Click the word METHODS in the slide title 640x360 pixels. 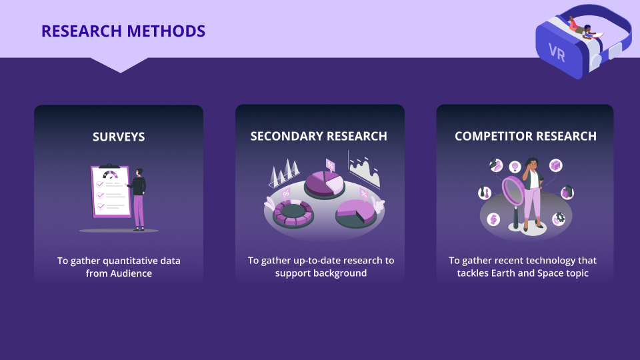tap(166, 31)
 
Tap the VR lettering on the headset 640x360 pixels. tap(557, 53)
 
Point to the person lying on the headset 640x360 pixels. tap(585, 28)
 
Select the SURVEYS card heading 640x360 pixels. tap(119, 137)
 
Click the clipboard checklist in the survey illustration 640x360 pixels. tap(110, 191)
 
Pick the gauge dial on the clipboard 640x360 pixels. tap(110, 175)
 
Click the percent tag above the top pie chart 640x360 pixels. tap(330, 165)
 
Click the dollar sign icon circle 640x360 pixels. tap(493, 219)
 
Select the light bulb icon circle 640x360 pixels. tap(515, 167)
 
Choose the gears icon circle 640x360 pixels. tap(559, 219)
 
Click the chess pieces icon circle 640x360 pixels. tap(485, 192)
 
